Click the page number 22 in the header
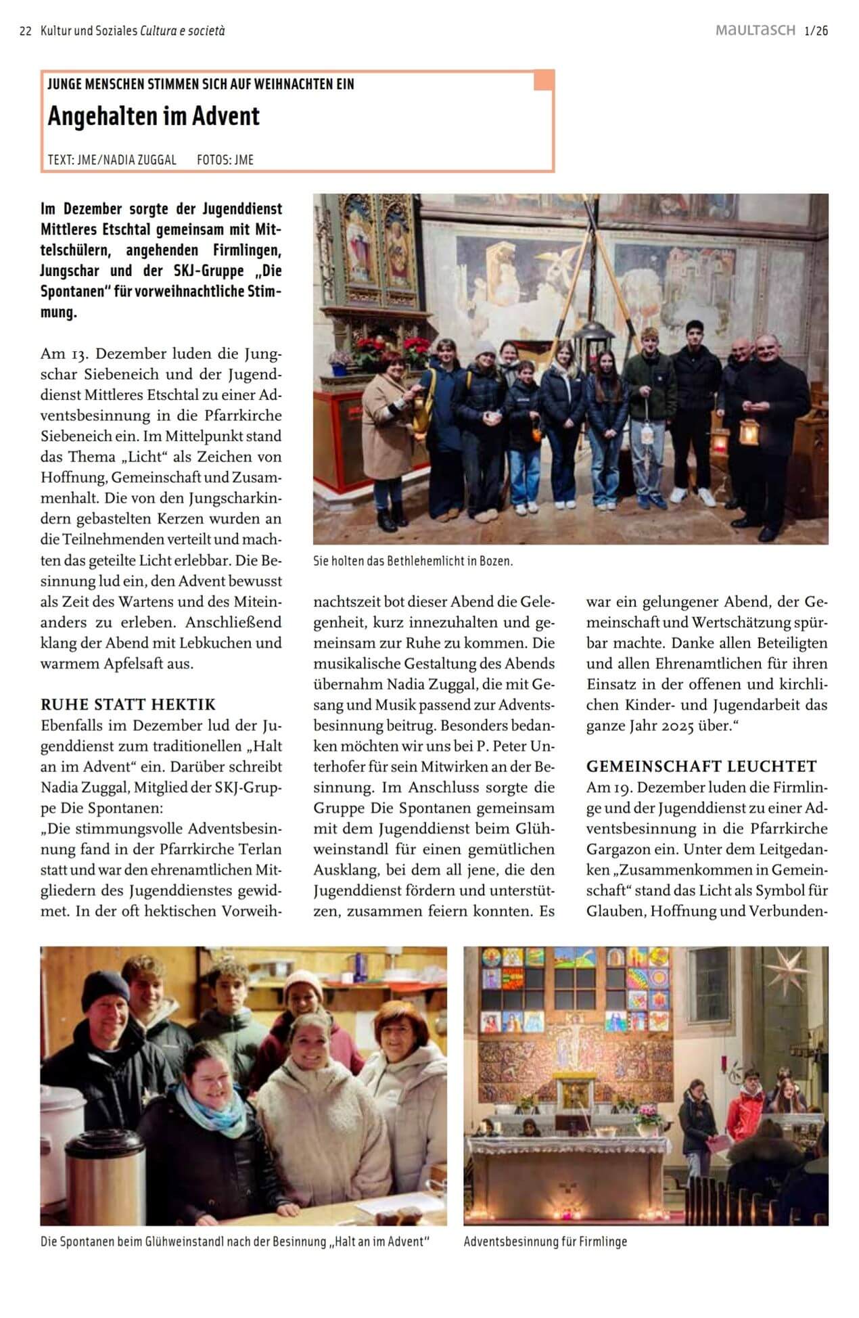tap(26, 31)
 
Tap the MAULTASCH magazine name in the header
tap(755, 30)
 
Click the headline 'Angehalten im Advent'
tap(154, 116)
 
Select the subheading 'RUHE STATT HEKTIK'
tap(128, 704)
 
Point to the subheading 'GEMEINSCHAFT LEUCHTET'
tap(701, 766)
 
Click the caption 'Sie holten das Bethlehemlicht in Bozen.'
tap(413, 561)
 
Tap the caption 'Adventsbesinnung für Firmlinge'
tap(545, 1242)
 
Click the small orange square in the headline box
tap(543, 81)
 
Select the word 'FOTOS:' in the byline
tap(213, 160)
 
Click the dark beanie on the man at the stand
tap(103, 988)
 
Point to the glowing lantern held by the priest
tap(748, 432)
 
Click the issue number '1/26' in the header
tap(816, 30)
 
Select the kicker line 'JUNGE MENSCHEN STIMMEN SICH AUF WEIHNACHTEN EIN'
tap(201, 85)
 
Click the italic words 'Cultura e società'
tap(183, 31)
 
